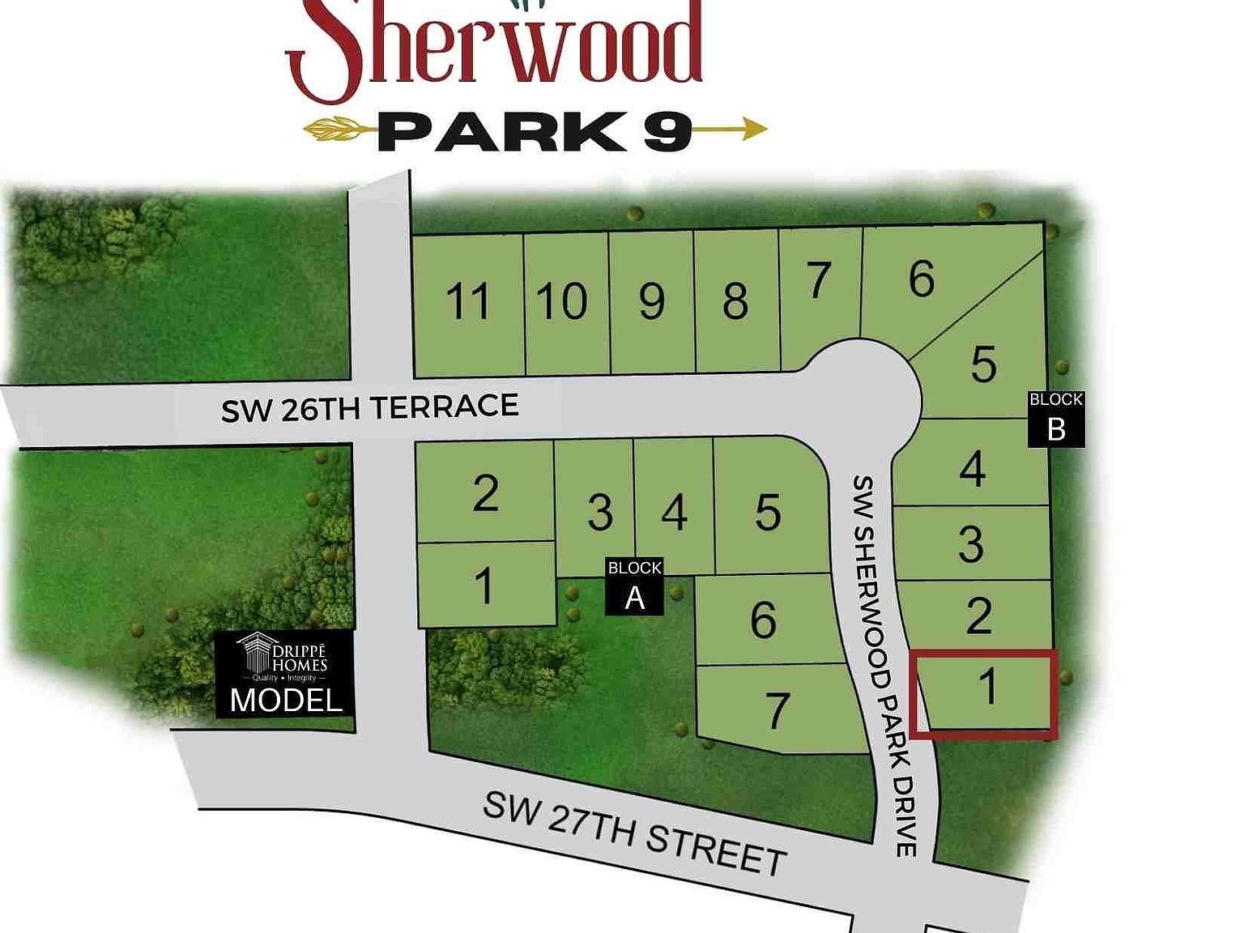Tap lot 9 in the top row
pos(652,302)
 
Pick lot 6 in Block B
pos(922,280)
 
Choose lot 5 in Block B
pos(983,364)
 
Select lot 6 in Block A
pos(763,620)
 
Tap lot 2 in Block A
pos(485,493)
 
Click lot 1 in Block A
pos(484,586)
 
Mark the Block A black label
pos(635,586)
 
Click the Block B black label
pos(1055,418)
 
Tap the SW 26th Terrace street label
pos(370,407)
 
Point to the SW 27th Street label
pos(635,833)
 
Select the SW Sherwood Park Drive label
pos(885,664)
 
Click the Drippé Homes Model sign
pos(285,675)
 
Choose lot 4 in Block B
pos(972,469)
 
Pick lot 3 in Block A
pos(599,513)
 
